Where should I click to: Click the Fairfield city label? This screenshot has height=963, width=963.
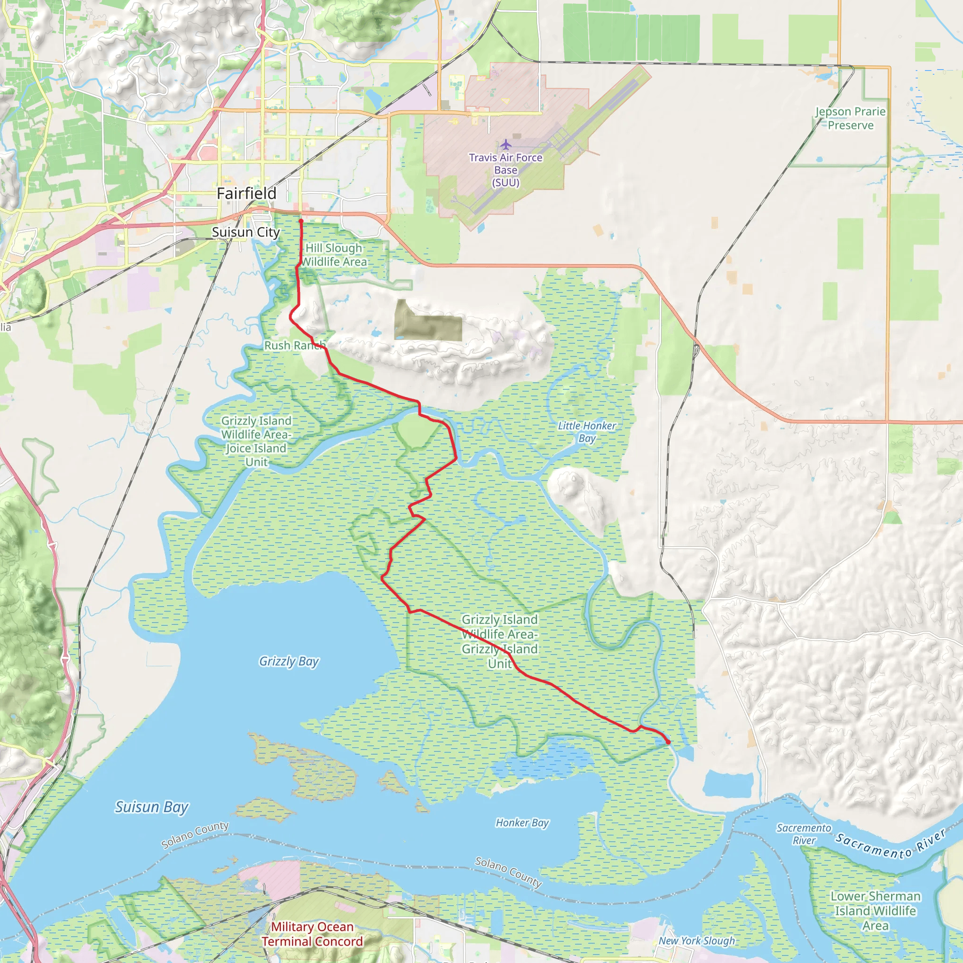(x=246, y=193)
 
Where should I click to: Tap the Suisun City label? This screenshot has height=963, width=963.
(x=246, y=232)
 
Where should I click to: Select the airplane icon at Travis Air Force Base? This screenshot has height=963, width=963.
(x=506, y=145)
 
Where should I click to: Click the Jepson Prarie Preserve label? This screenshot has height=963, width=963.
(x=850, y=118)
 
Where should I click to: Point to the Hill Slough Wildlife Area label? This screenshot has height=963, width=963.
(x=334, y=255)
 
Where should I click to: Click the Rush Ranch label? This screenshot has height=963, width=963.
(x=294, y=346)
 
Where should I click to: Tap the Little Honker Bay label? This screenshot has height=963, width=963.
(x=587, y=432)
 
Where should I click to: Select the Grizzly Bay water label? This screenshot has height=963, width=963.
(x=289, y=662)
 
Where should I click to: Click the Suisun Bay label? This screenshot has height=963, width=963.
(x=151, y=807)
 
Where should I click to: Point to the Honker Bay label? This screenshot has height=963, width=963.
(x=522, y=822)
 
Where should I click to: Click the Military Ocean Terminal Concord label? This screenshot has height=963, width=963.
(x=312, y=934)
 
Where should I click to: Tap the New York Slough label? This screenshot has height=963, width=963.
(x=697, y=940)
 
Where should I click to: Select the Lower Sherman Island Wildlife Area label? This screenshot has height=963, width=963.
(x=875, y=911)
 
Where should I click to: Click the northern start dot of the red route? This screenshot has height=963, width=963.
(x=301, y=221)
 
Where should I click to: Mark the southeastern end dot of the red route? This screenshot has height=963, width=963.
(x=668, y=742)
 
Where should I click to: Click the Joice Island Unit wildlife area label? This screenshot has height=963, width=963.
(x=256, y=442)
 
